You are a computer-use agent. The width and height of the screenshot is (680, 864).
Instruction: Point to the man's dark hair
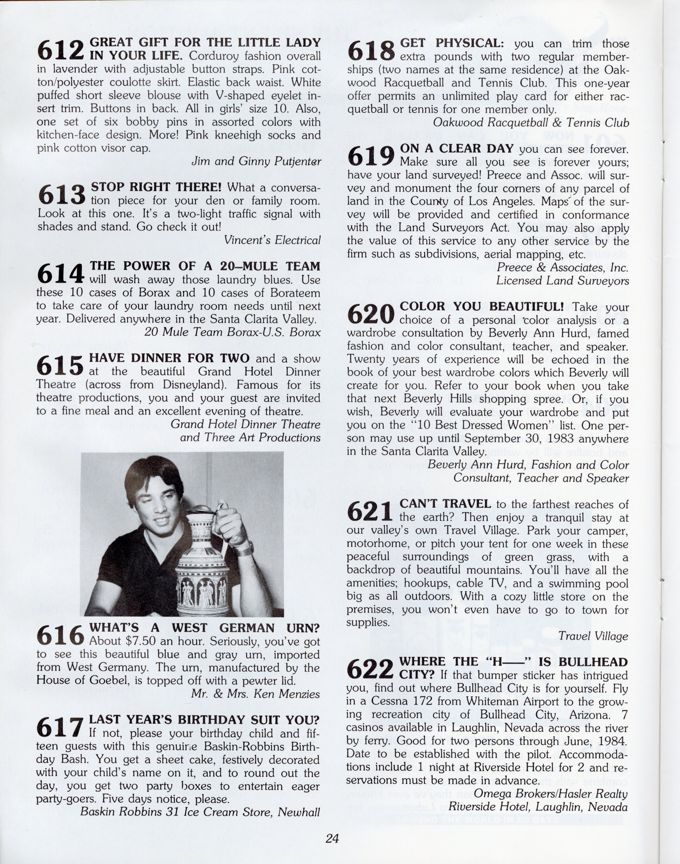point(153,474)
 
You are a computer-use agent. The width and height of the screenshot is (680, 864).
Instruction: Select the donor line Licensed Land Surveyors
point(562,281)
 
